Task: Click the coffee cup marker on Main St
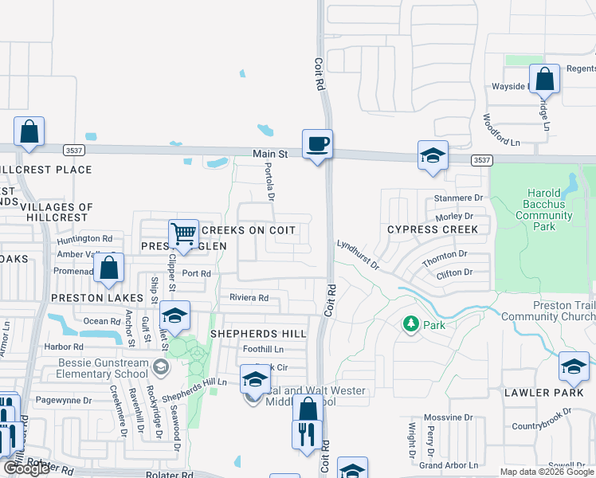coord(317,144)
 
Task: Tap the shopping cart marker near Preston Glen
coord(184,234)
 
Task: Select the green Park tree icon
coord(411,324)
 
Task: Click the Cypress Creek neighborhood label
coord(433,229)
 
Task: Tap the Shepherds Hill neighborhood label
coord(257,333)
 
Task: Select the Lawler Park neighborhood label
coord(538,393)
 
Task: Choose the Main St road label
coord(270,153)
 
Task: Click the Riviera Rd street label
coord(249,298)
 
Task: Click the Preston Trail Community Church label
coord(548,311)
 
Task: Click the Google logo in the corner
coord(25,468)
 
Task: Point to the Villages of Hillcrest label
coord(57,212)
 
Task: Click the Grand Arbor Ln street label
coord(449,464)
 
